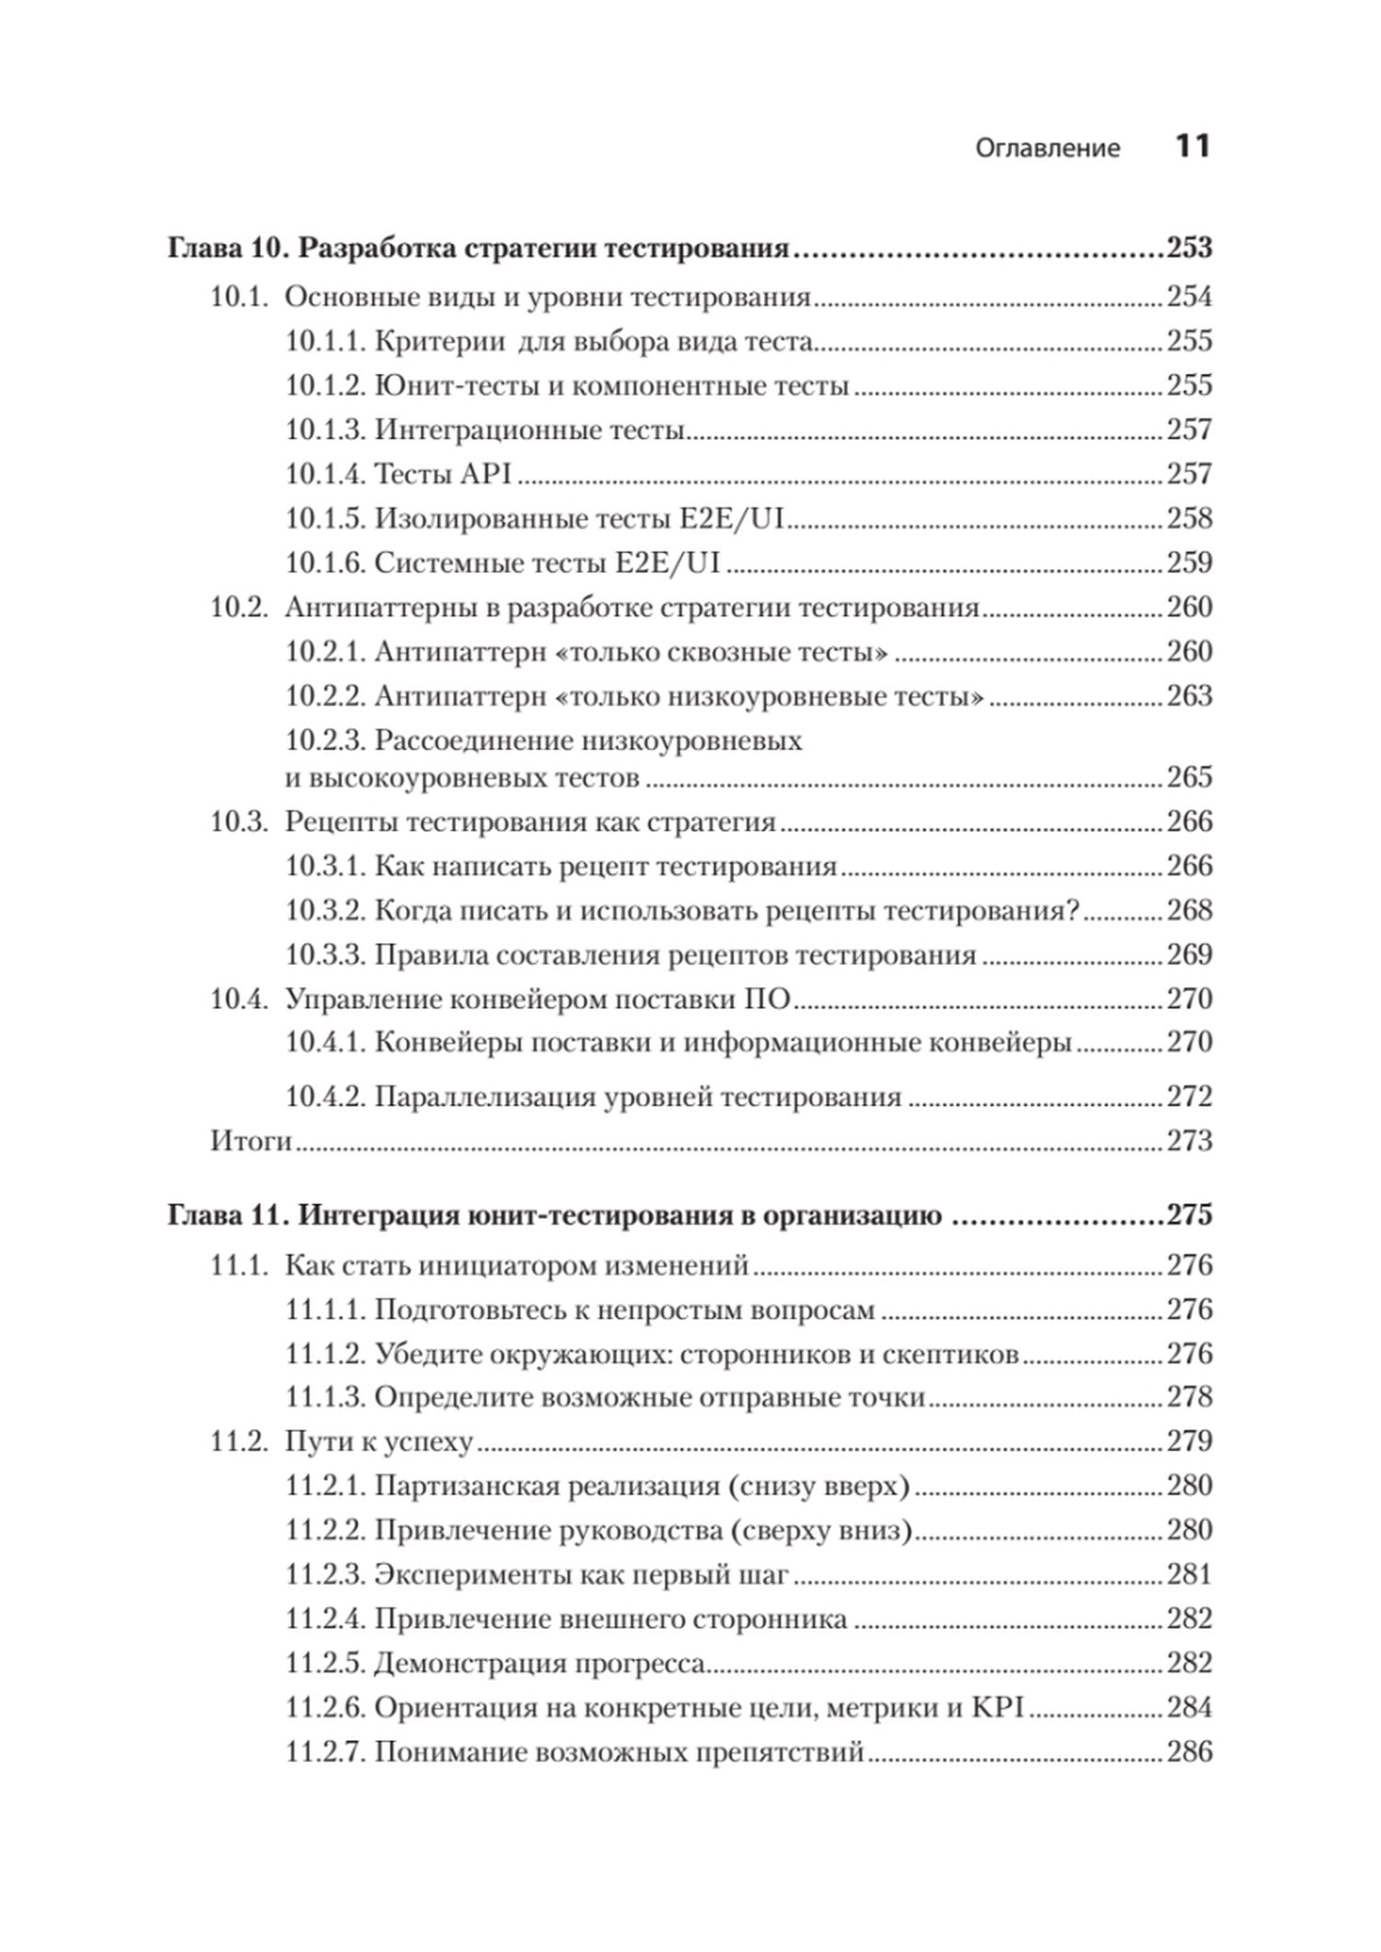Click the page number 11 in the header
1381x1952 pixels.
coord(1192,146)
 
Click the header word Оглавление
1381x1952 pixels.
coord(1048,148)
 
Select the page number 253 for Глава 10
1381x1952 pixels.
coord(1190,249)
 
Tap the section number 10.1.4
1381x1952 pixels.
coord(326,474)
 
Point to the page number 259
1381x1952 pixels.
coord(1190,563)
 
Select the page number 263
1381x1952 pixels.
coord(1190,696)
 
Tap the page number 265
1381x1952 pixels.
coord(1190,778)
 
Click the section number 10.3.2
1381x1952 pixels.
coord(326,911)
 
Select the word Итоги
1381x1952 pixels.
coord(250,1142)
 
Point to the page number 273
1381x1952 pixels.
coord(1190,1142)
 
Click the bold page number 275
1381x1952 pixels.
coord(1190,1216)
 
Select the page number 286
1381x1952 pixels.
coord(1190,1752)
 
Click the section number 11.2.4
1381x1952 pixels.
coord(326,1620)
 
